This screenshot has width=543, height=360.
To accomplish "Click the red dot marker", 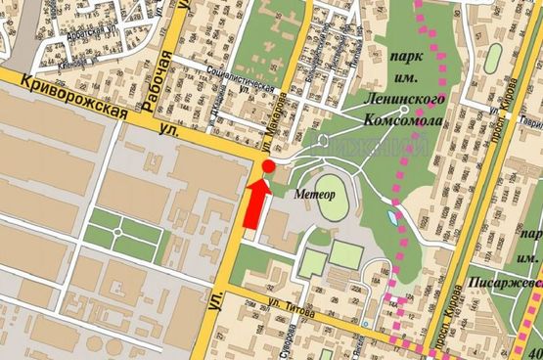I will pos(268,167).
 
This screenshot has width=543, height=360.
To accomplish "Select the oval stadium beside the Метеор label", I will pos(332,199).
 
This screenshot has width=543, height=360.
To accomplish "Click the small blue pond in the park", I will pos(393,217).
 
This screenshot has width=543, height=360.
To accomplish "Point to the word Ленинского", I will pos(406,100).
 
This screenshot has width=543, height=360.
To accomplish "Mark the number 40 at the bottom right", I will pos(533,352).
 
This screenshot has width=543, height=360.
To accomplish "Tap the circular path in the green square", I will pos(117,234).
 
